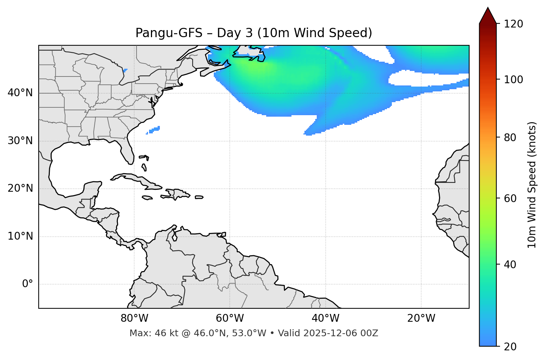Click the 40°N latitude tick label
(20, 93)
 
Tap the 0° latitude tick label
(28, 284)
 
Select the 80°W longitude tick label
(134, 318)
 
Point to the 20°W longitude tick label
(421, 318)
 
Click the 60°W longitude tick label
(230, 318)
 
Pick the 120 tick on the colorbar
(513, 24)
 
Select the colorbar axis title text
(532, 185)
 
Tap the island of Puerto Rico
(199, 197)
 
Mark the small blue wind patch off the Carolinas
(154, 130)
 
